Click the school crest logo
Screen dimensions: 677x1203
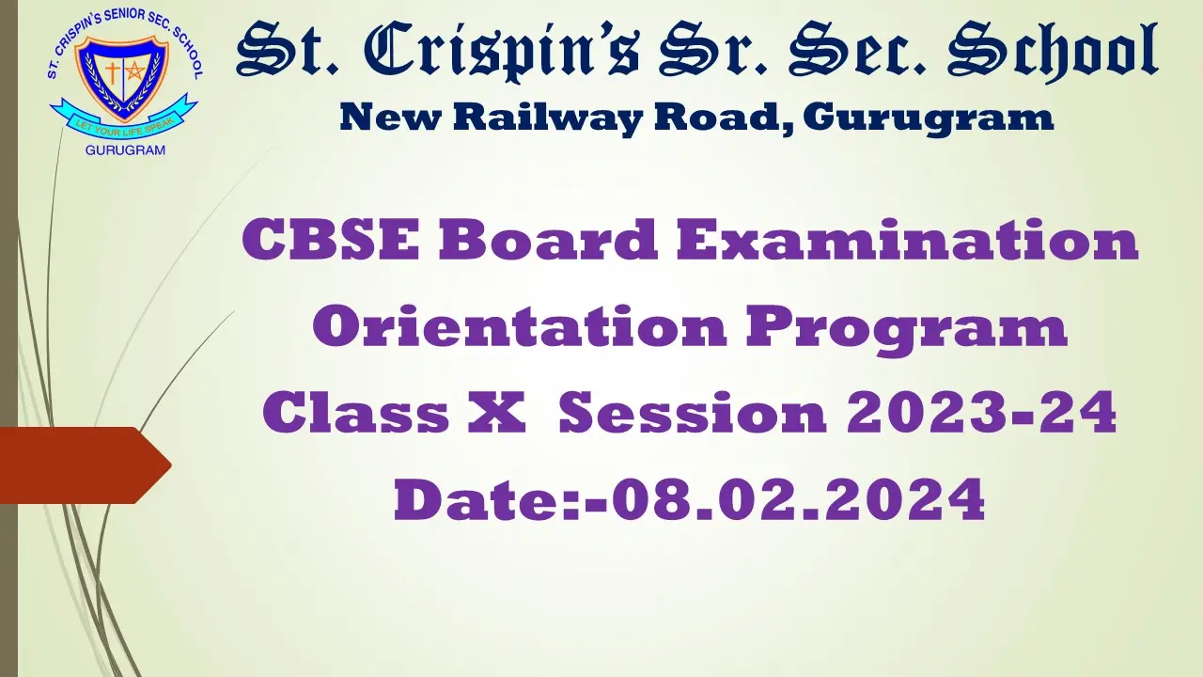(123, 83)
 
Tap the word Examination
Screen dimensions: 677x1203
(907, 241)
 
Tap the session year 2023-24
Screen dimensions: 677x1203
(981, 414)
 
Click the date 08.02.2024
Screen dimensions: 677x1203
(798, 500)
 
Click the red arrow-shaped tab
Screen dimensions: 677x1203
(85, 464)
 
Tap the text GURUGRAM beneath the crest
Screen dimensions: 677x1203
(125, 150)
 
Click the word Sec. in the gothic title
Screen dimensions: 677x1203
(850, 53)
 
